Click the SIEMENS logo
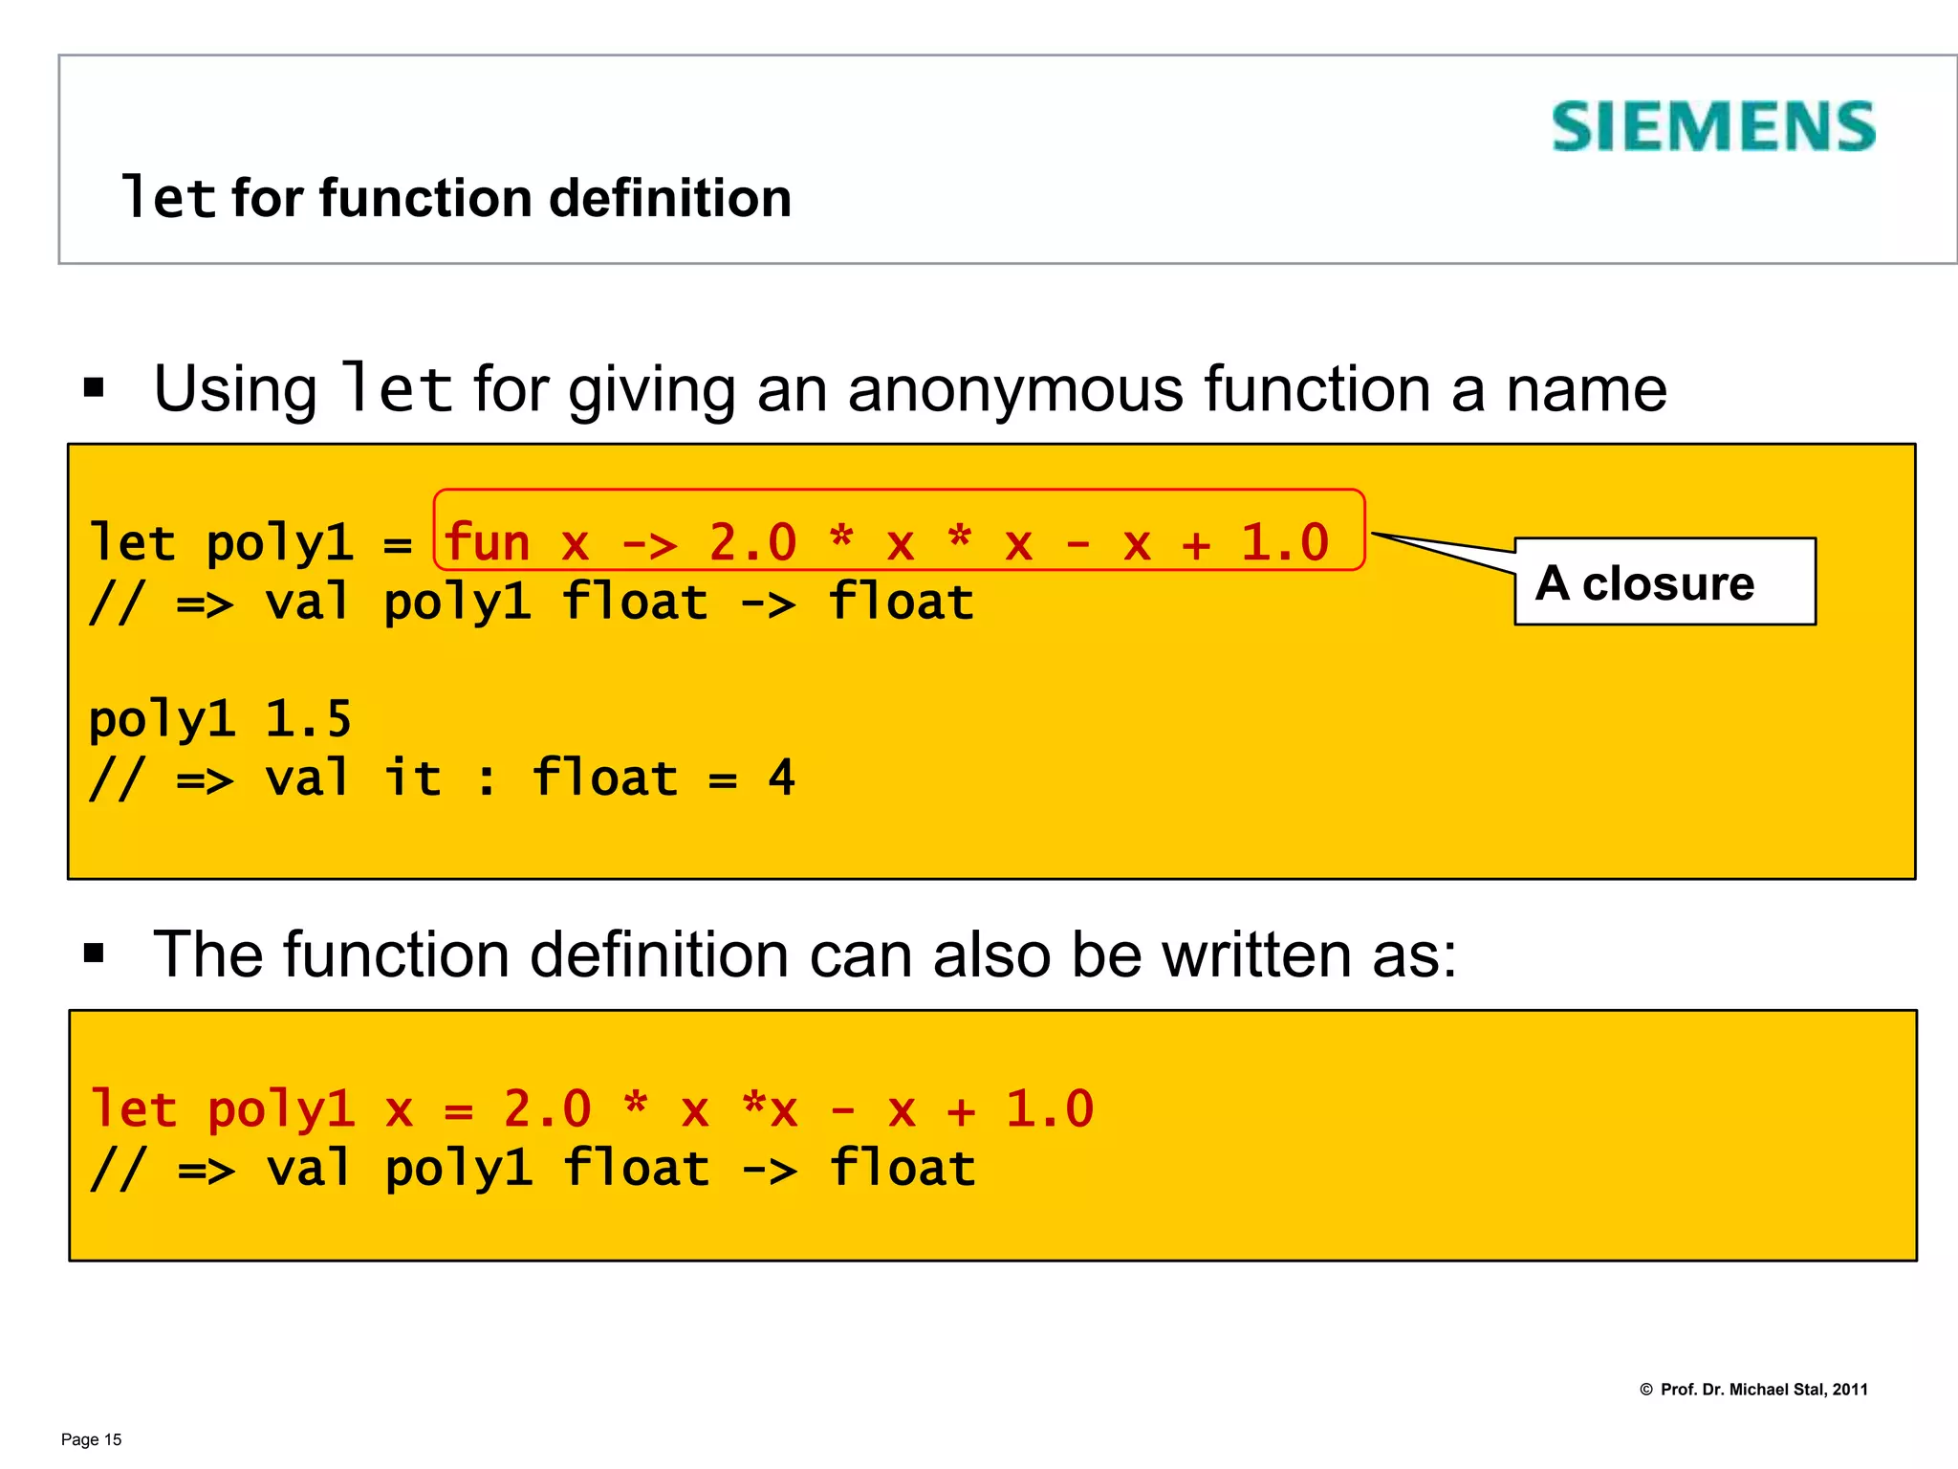point(1712,126)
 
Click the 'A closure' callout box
point(1664,581)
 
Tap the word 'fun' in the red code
point(487,542)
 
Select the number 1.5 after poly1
point(308,719)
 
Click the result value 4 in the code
point(781,778)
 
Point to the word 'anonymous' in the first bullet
point(1015,389)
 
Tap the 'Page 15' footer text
point(92,1439)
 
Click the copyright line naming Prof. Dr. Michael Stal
point(1753,1389)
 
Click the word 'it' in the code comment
point(413,778)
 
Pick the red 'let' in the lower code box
point(133,1109)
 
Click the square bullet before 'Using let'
point(94,387)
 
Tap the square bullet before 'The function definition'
point(94,953)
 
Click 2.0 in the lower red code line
point(547,1109)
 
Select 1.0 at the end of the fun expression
point(1284,542)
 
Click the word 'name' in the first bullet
point(1586,389)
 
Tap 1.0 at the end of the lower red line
point(1049,1109)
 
